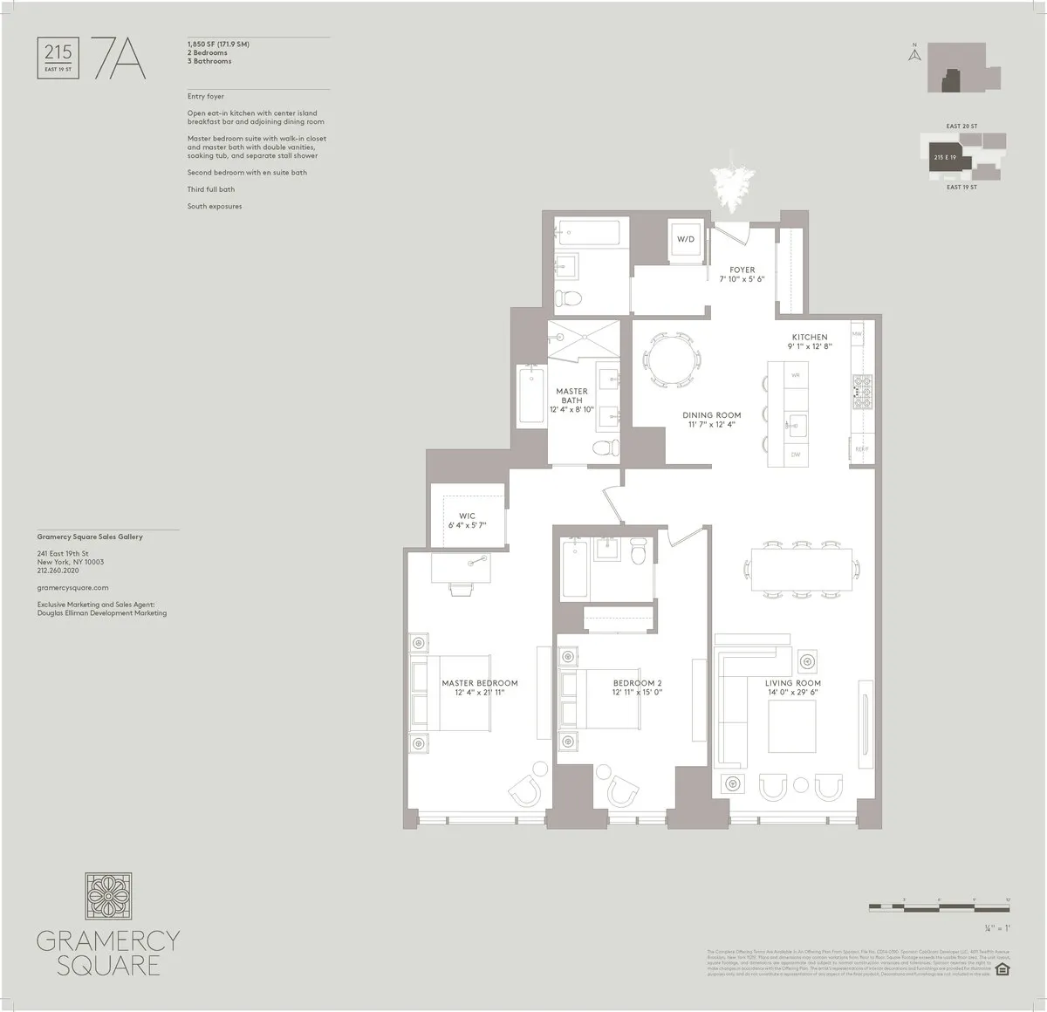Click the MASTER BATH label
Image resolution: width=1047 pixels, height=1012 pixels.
pos(571,396)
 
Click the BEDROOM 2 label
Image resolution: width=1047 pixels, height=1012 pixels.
pos(637,687)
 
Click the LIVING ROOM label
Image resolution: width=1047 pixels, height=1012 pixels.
pos(792,687)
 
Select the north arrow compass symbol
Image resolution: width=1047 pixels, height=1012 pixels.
pos(914,54)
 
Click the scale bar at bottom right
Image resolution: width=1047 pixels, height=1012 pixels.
pos(940,907)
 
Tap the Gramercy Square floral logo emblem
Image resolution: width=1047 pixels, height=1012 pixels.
pos(108,897)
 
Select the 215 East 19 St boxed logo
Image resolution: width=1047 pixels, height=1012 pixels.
pos(58,58)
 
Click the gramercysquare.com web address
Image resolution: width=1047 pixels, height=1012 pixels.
pos(73,588)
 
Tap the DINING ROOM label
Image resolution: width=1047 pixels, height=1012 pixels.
pos(711,420)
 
